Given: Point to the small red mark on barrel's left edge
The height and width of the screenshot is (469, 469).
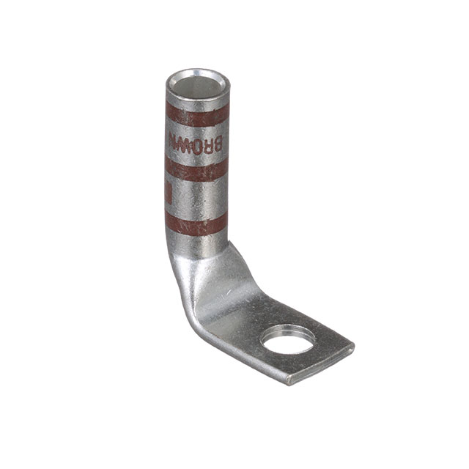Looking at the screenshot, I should click(168, 194).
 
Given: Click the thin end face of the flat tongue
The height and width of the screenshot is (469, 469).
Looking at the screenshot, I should click(322, 366).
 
